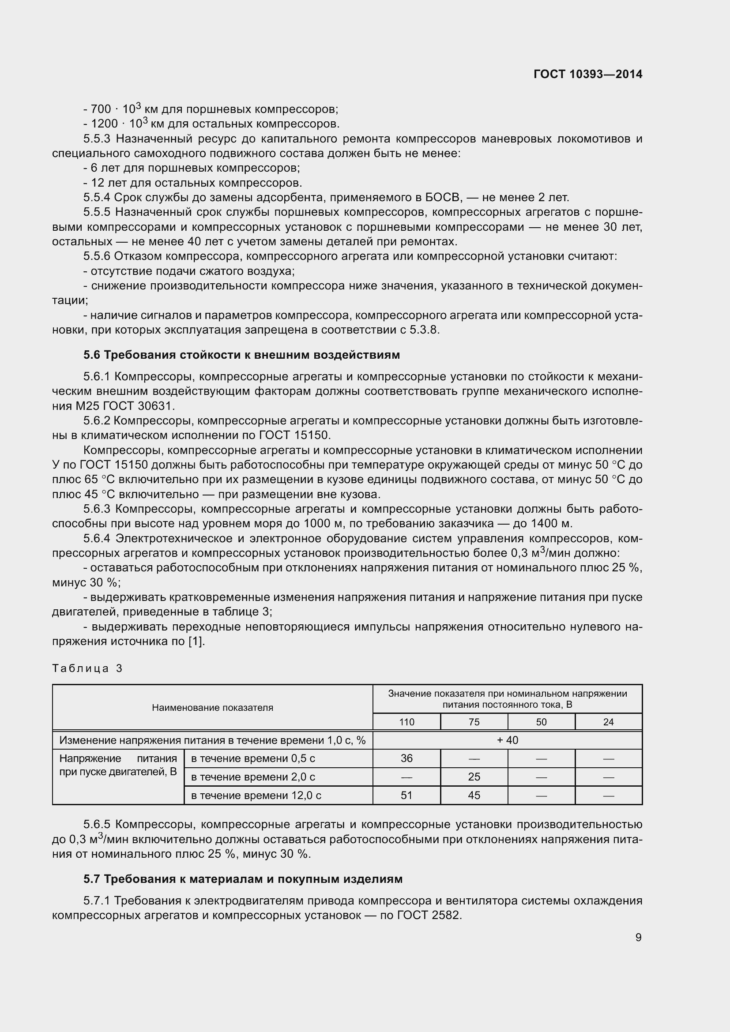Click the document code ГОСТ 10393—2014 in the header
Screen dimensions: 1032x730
pos(587,74)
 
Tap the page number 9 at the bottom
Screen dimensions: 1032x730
pos(638,937)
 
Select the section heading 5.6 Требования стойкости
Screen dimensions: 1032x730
pos(241,355)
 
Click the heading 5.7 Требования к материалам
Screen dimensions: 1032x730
pos(243,879)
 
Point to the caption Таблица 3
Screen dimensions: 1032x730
pos(87,668)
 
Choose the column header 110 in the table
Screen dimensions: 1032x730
pos(406,722)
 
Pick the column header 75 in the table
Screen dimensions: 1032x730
pos(474,722)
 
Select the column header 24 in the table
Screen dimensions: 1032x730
pos(608,722)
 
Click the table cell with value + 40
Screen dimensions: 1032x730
pos(507,740)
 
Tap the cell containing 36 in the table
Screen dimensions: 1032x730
pos(406,758)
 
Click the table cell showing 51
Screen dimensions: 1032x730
pos(406,795)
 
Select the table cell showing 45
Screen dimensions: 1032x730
pos(474,795)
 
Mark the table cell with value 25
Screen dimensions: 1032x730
pos(474,777)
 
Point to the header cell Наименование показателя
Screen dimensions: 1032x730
pos(212,707)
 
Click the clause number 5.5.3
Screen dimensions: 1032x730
pos(97,139)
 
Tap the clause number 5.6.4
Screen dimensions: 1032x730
pos(97,538)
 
